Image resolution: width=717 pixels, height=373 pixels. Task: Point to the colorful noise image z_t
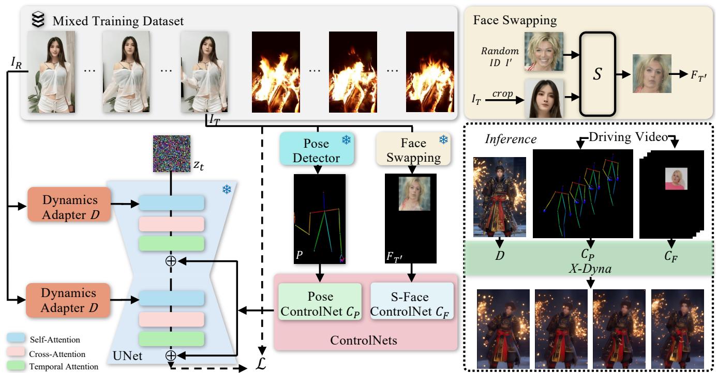tap(172, 153)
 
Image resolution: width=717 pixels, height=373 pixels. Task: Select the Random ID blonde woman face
tap(542, 51)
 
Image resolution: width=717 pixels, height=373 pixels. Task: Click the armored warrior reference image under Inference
tap(499, 197)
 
